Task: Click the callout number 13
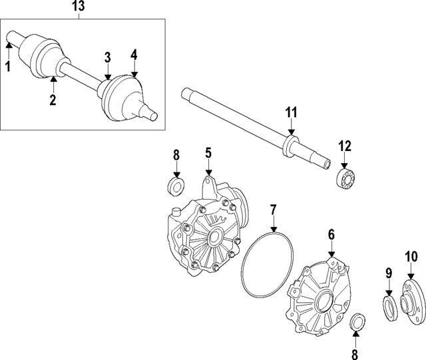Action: [x=79, y=6]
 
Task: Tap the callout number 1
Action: [x=9, y=67]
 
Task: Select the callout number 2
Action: [x=53, y=100]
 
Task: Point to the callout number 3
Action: [x=108, y=58]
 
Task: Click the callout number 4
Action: [x=134, y=55]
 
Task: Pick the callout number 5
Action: [x=208, y=153]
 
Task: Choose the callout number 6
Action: [x=331, y=235]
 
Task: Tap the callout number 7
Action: [x=273, y=210]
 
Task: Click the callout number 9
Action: [x=389, y=273]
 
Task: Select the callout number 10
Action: [x=411, y=256]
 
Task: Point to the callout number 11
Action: [x=292, y=112]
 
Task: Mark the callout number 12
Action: [x=345, y=146]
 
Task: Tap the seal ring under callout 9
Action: [x=391, y=309]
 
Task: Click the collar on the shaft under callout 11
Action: [x=290, y=146]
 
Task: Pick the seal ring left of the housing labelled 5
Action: [x=176, y=186]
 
